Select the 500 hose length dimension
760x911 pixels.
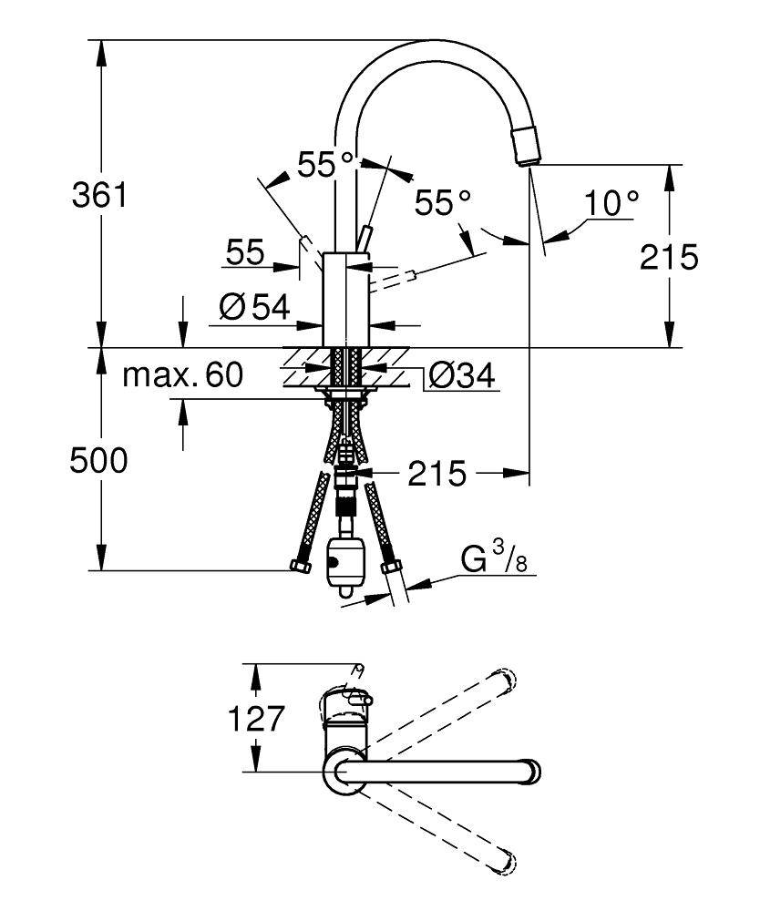pyautogui.click(x=99, y=461)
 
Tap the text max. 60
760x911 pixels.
pyautogui.click(x=183, y=374)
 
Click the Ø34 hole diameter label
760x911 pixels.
pyautogui.click(x=462, y=374)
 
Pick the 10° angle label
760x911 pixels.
pyautogui.click(x=611, y=203)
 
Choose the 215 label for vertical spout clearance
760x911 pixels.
pyautogui.click(x=669, y=257)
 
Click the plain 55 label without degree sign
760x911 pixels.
pyautogui.click(x=245, y=252)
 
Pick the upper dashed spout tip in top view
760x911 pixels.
pyautogui.click(x=504, y=679)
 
